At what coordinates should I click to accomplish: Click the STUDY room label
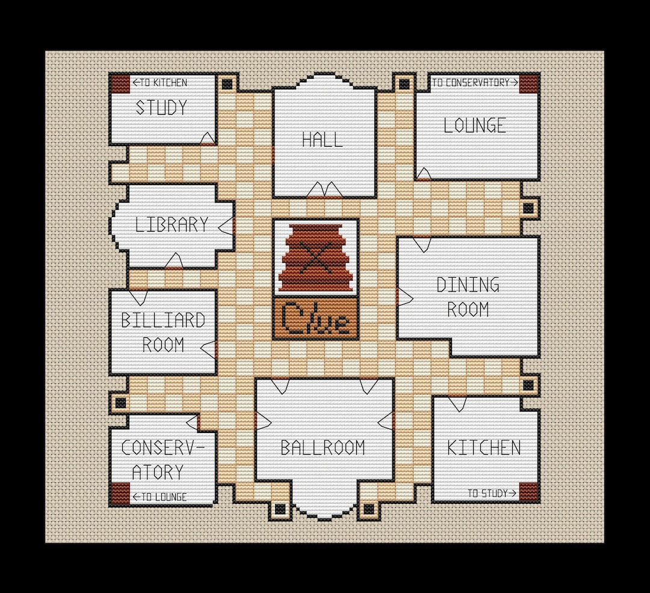point(161,108)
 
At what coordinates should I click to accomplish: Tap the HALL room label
point(323,140)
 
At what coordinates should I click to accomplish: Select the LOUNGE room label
point(474,126)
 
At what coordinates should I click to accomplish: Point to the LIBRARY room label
point(172,225)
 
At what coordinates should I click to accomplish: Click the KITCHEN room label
point(484,447)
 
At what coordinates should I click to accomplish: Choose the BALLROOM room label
point(323,448)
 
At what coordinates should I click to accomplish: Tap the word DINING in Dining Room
point(468,284)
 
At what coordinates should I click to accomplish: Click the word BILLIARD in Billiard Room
point(163,321)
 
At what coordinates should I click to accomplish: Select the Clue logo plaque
point(315,319)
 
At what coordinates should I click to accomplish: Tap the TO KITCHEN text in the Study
point(160,82)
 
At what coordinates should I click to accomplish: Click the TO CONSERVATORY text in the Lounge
point(475,82)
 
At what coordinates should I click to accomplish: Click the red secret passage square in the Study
point(120,84)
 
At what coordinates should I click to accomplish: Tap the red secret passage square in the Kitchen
point(528,492)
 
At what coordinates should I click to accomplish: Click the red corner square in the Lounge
point(528,84)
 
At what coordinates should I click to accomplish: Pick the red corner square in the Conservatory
point(120,493)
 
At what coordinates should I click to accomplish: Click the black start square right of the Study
point(227,84)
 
